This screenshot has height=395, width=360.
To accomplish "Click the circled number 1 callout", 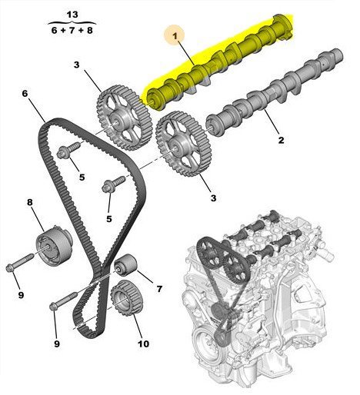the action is [x=175, y=36].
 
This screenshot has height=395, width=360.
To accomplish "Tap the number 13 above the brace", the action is [x=72, y=15].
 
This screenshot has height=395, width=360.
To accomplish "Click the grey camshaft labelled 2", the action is [x=275, y=92].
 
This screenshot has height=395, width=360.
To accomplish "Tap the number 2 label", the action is [x=281, y=140].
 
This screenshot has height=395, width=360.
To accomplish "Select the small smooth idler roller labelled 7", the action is [x=125, y=265].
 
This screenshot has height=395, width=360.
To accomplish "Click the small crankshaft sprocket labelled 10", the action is [x=126, y=297].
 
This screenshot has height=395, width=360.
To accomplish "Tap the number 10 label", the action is [x=143, y=344].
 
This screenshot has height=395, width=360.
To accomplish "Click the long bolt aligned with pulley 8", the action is [x=19, y=263].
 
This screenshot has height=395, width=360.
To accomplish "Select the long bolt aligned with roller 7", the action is [x=64, y=300].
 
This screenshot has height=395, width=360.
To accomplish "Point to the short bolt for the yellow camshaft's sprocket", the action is [x=68, y=150].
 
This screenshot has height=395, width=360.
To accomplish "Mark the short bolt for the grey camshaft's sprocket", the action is [x=114, y=184].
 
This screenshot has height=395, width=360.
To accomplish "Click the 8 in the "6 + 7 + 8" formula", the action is [x=89, y=30].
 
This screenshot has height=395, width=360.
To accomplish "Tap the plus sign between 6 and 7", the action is [x=63, y=31].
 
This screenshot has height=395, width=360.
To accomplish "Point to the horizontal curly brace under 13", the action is [x=72, y=23].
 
